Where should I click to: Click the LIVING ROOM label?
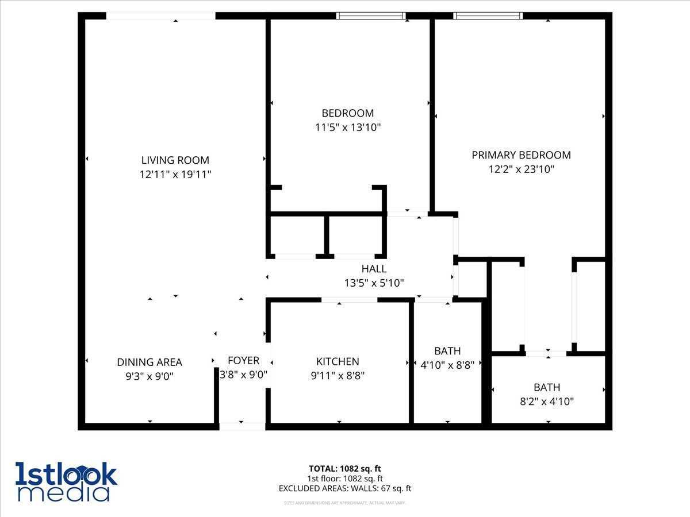point(175,160)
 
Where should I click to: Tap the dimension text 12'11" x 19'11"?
point(175,174)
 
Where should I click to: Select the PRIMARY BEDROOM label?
point(521,155)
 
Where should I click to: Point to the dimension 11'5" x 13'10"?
point(347,127)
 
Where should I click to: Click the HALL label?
point(374,269)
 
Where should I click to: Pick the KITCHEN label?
point(338,361)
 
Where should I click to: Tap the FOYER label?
point(243,361)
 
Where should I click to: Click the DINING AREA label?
point(149,362)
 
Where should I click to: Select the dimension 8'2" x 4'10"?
point(546,402)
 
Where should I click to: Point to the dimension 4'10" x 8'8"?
point(447,365)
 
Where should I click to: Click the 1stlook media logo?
point(66,481)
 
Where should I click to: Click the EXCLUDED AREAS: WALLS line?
point(345,489)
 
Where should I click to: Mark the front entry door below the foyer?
point(242,426)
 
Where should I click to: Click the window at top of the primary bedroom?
point(488,16)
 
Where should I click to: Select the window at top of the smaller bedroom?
point(371,16)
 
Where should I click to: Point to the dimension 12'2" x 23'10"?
point(521,169)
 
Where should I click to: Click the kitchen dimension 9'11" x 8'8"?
point(338,376)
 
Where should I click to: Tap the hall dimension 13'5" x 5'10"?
point(374,283)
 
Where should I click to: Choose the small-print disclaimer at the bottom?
point(345,503)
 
